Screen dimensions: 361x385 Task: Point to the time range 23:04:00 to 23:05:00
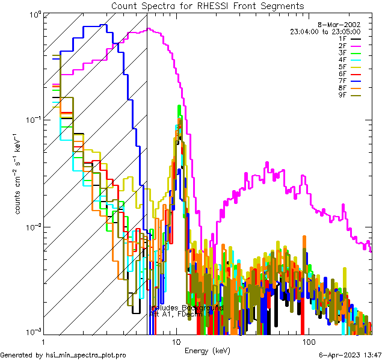click(325, 31)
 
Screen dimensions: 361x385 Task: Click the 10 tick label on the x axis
click(176, 342)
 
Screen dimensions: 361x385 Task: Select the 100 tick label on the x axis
click(309, 342)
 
